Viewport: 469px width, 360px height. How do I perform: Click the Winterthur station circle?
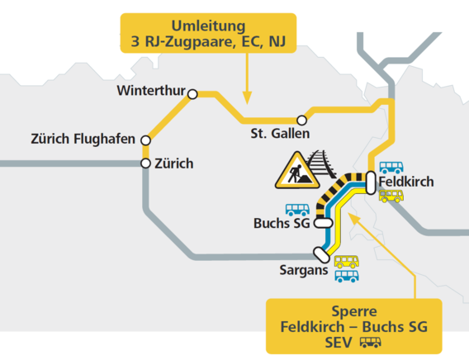pos(192,95)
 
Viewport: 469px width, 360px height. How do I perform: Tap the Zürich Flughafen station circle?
pos(146,140)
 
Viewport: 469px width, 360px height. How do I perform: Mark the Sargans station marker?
pos(319,253)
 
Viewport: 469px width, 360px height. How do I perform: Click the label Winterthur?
pos(151,90)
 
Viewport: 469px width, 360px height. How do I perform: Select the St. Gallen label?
pos(280,133)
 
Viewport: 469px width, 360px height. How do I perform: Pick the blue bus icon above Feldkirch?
pos(391,168)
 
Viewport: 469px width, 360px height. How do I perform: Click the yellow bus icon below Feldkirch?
pos(391,197)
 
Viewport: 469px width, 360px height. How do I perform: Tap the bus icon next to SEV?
pos(370,343)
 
